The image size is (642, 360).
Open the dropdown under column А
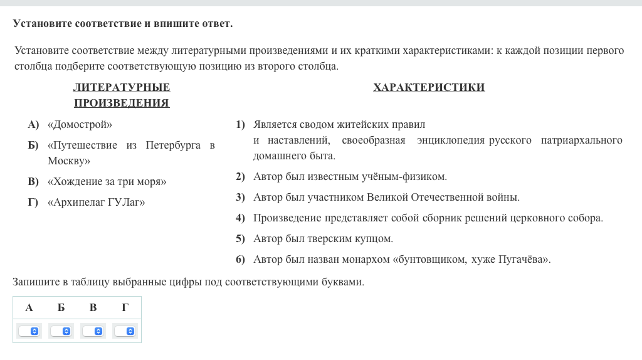point(29,331)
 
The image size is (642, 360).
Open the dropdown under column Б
point(61,331)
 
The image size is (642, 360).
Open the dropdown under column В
point(93,331)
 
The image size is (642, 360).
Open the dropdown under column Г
point(125,331)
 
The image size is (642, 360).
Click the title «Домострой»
point(80,124)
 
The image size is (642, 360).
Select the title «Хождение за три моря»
point(107,182)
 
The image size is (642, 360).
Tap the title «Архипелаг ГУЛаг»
point(96,203)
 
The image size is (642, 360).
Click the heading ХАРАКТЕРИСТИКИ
point(429,88)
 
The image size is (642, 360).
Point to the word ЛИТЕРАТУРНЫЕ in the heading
point(122,88)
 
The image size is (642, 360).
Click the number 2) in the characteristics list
point(240,177)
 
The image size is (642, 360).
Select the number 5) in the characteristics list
point(240,239)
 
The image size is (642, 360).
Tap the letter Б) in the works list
point(33,146)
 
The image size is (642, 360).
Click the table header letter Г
point(125,307)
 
